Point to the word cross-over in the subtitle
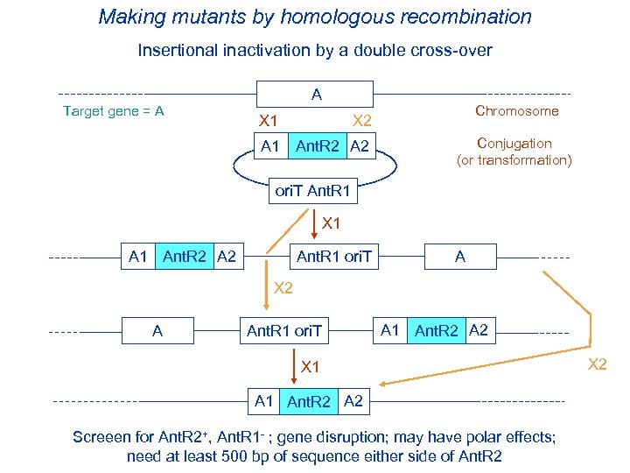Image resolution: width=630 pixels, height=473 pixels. pyautogui.click(x=451, y=51)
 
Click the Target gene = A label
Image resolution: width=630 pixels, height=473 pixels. pyautogui.click(x=114, y=111)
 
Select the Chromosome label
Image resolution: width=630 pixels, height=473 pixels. pyautogui.click(x=516, y=111)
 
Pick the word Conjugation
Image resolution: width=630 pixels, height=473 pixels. pyautogui.click(x=514, y=144)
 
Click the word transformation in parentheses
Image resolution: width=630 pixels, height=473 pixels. pyautogui.click(x=522, y=160)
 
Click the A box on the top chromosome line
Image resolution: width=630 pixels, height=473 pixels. pyautogui.click(x=315, y=94)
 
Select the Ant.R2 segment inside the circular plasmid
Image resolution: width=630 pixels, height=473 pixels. pyautogui.click(x=318, y=146)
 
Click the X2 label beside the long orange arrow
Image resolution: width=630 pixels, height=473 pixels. pyautogui.click(x=597, y=364)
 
